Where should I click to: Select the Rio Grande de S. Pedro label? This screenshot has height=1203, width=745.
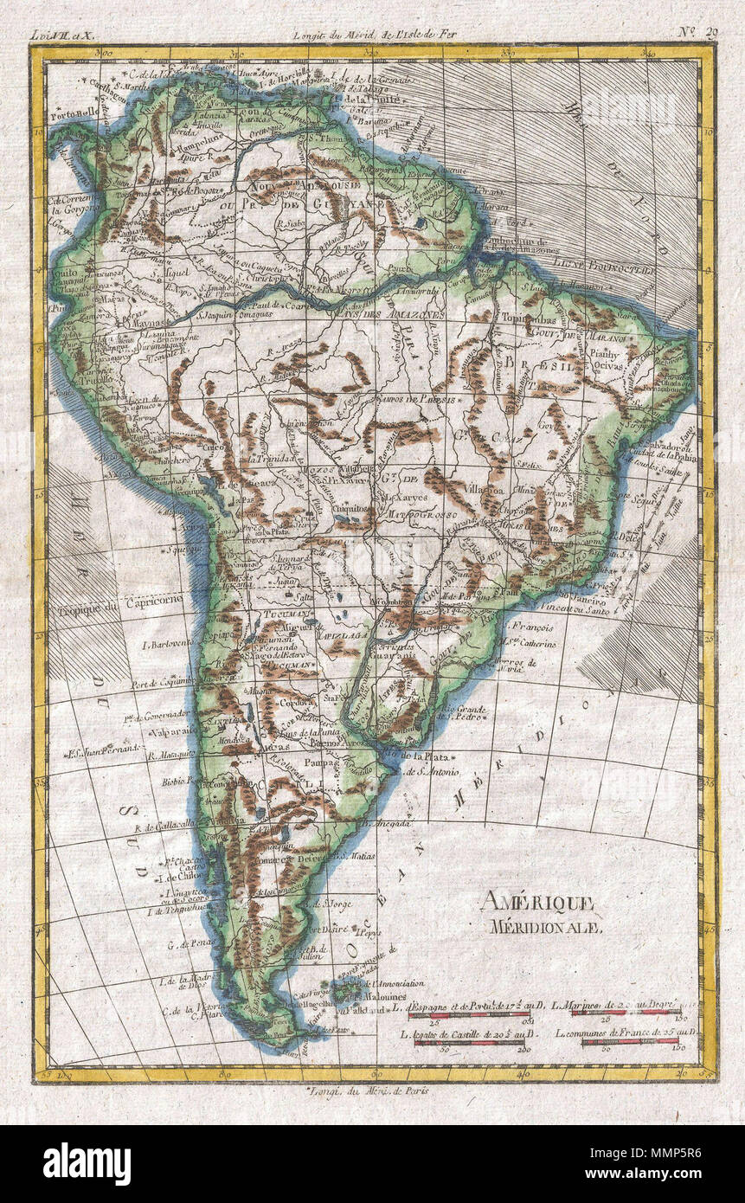[465, 715]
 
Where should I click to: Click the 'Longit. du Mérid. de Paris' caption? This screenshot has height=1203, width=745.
[369, 1090]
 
